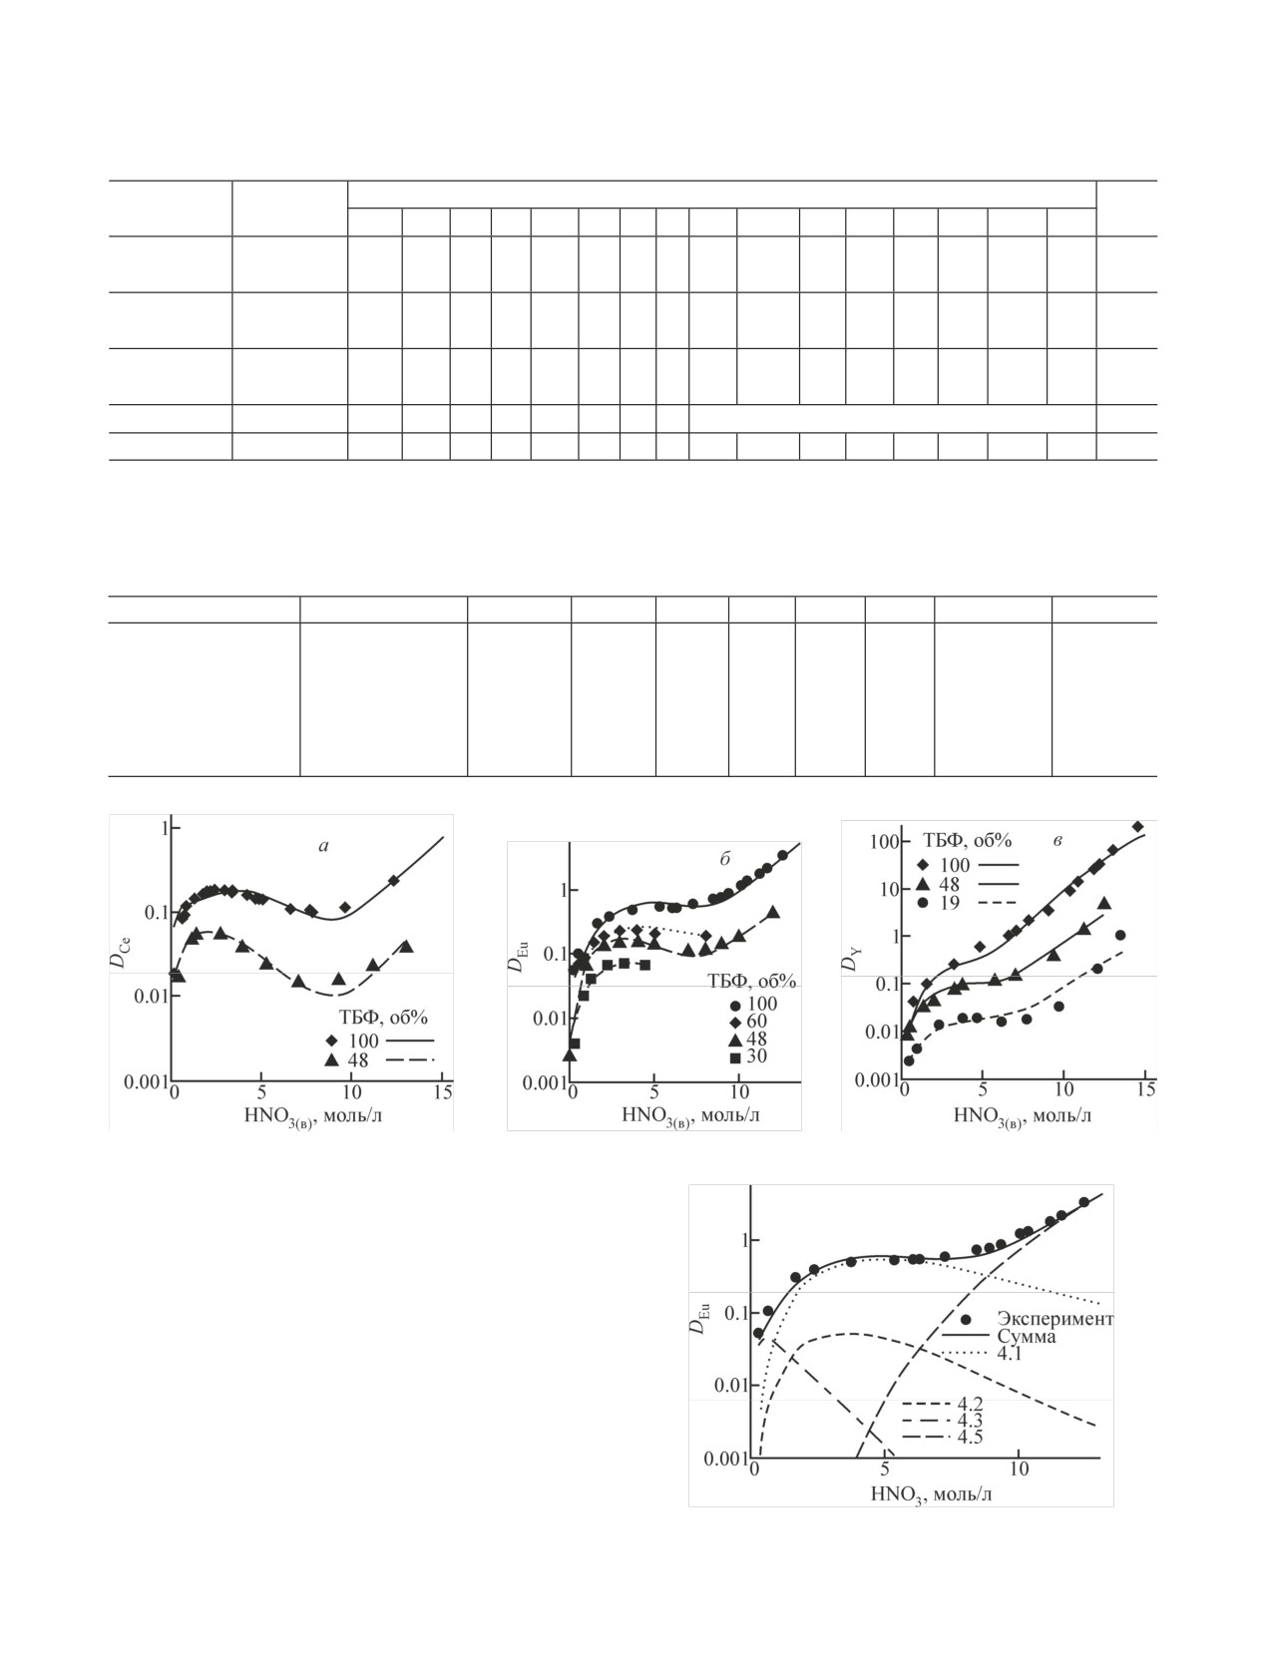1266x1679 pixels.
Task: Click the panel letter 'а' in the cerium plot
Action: (322, 847)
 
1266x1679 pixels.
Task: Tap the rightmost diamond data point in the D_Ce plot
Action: (393, 880)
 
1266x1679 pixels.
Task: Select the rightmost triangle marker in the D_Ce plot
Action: (406, 946)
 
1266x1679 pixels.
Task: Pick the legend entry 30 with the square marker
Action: (756, 1056)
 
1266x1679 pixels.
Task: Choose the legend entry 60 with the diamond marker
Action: (756, 1022)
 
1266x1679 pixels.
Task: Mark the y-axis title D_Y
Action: (850, 960)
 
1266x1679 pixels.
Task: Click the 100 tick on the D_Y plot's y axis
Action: (879, 842)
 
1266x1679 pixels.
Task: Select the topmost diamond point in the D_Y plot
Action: (1138, 826)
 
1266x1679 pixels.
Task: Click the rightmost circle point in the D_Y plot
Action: (1120, 935)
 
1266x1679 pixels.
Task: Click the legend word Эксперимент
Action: (1055, 1319)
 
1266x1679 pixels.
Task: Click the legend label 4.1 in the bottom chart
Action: (1009, 1355)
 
